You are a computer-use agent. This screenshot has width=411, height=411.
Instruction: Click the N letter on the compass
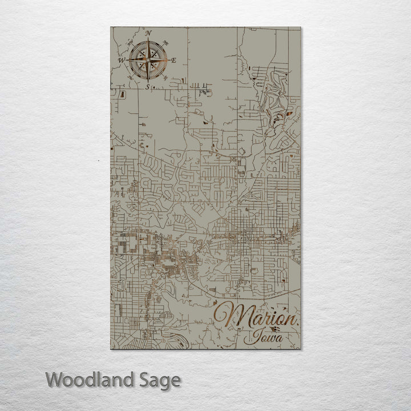click(148, 34)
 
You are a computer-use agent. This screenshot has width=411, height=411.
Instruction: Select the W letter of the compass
click(121, 59)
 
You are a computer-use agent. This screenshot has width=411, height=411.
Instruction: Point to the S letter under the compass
click(147, 87)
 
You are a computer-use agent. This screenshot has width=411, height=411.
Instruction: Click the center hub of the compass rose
click(148, 60)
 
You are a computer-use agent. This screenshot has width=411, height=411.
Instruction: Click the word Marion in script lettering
click(256, 317)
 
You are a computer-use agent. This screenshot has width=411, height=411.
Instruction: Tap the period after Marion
click(297, 324)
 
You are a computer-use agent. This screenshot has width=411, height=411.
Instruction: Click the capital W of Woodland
click(55, 379)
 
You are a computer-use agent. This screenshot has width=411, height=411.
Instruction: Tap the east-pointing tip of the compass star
click(168, 60)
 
